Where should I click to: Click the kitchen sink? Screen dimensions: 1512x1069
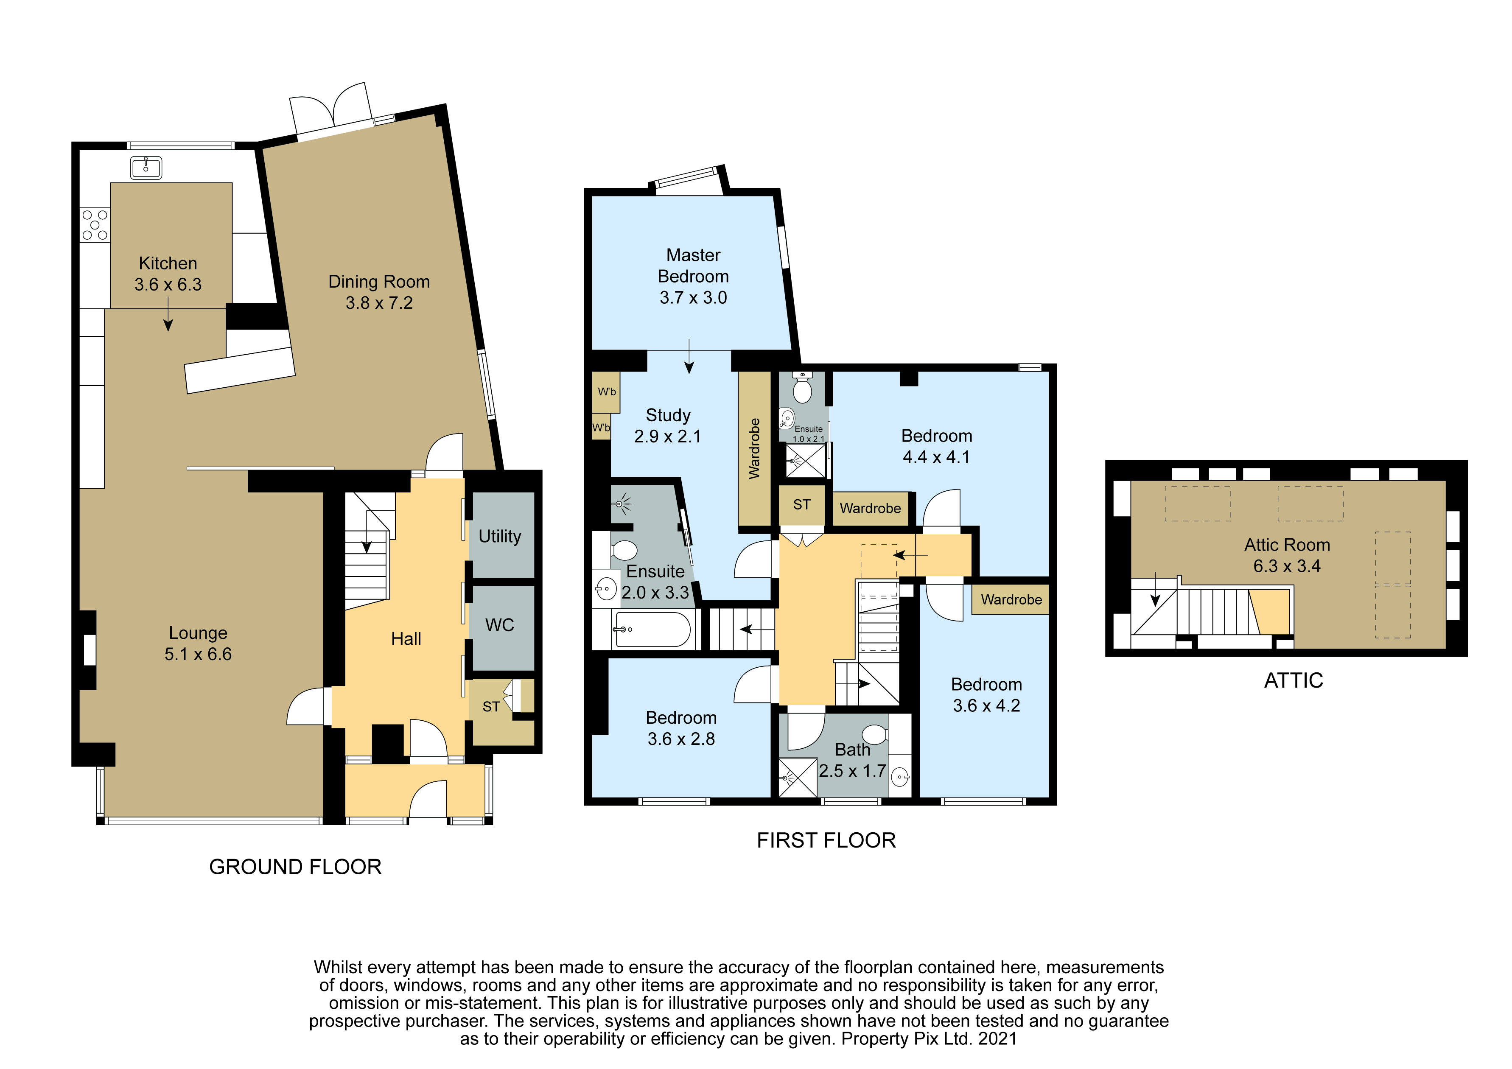[146, 168]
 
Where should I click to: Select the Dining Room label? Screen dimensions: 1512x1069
[379, 282]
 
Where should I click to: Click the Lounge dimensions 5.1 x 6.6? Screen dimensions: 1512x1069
[198, 654]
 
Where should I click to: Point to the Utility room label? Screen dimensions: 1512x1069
[500, 536]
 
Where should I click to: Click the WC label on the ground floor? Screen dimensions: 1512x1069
[500, 625]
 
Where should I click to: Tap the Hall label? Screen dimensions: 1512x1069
[406, 639]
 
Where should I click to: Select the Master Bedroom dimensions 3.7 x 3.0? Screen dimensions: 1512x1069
[694, 298]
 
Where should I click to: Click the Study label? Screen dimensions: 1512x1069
[669, 416]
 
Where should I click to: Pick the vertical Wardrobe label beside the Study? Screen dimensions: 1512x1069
[755, 448]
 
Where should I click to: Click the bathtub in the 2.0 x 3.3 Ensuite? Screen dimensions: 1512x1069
[652, 629]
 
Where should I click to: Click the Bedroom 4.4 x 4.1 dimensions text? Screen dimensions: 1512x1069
[936, 457]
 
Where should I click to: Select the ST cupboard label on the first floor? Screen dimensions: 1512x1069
[801, 504]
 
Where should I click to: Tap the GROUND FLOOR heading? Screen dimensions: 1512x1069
[296, 867]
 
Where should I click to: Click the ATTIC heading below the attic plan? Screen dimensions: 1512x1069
[1294, 680]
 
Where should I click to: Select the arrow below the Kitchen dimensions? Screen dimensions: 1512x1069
[168, 314]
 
